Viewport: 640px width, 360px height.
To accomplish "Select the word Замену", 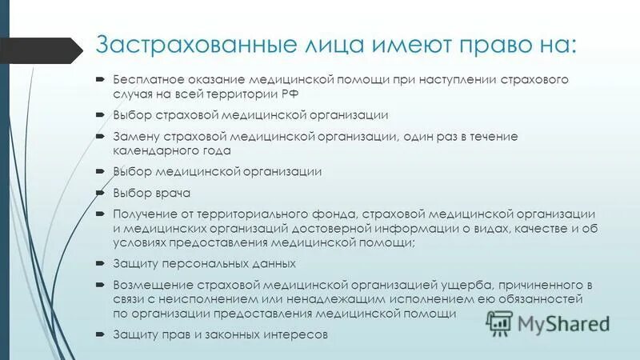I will coord(135,137).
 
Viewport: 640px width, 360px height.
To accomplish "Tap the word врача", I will coord(173,193).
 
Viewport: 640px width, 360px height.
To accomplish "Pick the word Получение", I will coord(145,214).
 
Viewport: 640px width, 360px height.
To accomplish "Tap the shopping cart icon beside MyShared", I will coord(498,322).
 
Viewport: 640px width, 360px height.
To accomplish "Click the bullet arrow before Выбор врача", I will coord(98,193).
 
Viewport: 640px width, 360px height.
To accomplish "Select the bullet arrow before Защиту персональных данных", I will coord(98,262).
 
